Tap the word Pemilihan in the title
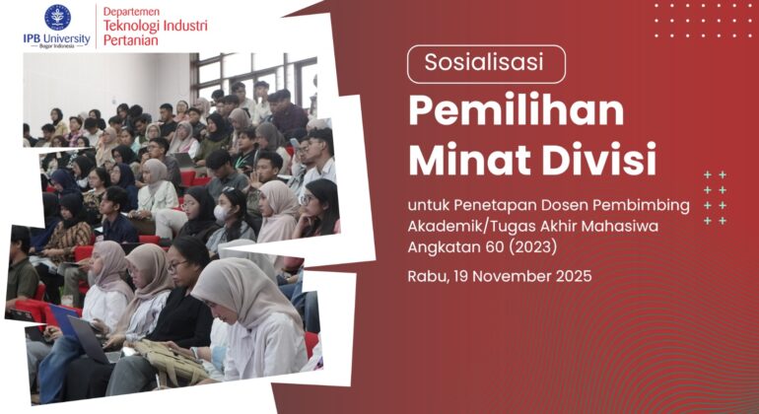(x=517, y=109)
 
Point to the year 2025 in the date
(x=571, y=276)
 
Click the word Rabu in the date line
(x=427, y=276)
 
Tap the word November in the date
(x=510, y=276)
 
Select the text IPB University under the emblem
(x=57, y=38)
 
